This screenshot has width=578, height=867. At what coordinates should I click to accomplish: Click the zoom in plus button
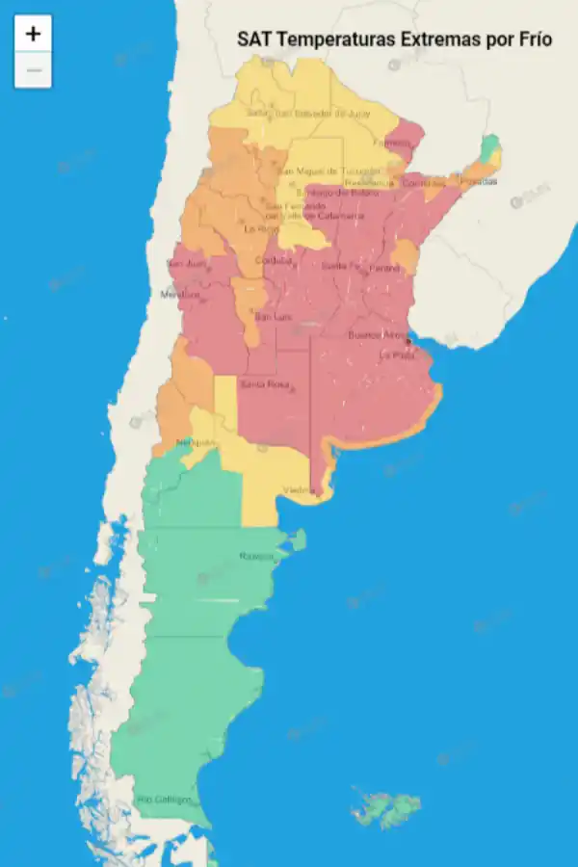33,34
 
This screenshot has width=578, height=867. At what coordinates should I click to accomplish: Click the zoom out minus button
33,70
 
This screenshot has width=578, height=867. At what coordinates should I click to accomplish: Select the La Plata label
396,355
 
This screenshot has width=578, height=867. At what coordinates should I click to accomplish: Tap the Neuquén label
193,442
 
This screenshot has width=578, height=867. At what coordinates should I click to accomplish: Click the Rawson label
256,556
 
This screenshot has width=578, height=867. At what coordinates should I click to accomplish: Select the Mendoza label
180,294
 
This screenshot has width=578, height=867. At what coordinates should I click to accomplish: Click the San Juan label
187,263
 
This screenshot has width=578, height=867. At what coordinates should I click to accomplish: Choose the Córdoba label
273,261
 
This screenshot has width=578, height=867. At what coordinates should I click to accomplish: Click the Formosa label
391,143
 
